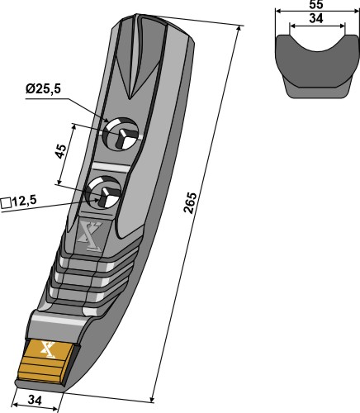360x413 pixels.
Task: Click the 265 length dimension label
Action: (191, 202)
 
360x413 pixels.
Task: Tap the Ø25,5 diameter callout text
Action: (43, 89)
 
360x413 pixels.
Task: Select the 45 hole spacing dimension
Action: (61, 151)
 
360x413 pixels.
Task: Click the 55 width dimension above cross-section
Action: (316, 5)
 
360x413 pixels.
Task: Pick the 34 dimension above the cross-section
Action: (316, 18)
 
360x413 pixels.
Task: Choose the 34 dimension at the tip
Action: (35, 400)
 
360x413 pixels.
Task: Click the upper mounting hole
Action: (120, 134)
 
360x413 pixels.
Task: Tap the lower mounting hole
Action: (104, 192)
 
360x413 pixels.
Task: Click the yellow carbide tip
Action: (46, 361)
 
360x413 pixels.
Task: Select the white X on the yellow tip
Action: (48, 349)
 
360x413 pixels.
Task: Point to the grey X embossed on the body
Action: (89, 236)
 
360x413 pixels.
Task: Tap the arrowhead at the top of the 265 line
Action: (239, 29)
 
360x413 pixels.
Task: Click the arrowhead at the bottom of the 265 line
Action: (152, 397)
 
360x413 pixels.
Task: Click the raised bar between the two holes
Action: (111, 168)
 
